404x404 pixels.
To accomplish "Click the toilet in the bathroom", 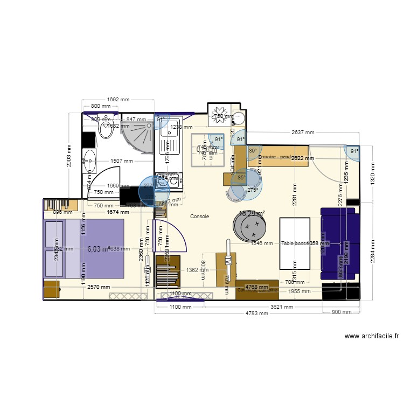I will tap(106, 129).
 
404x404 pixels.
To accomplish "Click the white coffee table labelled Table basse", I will tap(295, 243).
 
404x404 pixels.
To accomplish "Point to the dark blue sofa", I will tap(338, 245).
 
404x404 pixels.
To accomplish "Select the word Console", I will tap(199, 216).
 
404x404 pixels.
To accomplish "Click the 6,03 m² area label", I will tap(97, 249).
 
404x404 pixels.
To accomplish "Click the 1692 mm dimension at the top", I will tap(119, 99).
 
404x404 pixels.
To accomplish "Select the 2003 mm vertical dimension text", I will tap(69, 156).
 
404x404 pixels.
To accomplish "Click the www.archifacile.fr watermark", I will tap(372, 336).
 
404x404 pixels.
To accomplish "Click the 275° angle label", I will tap(253, 190).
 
